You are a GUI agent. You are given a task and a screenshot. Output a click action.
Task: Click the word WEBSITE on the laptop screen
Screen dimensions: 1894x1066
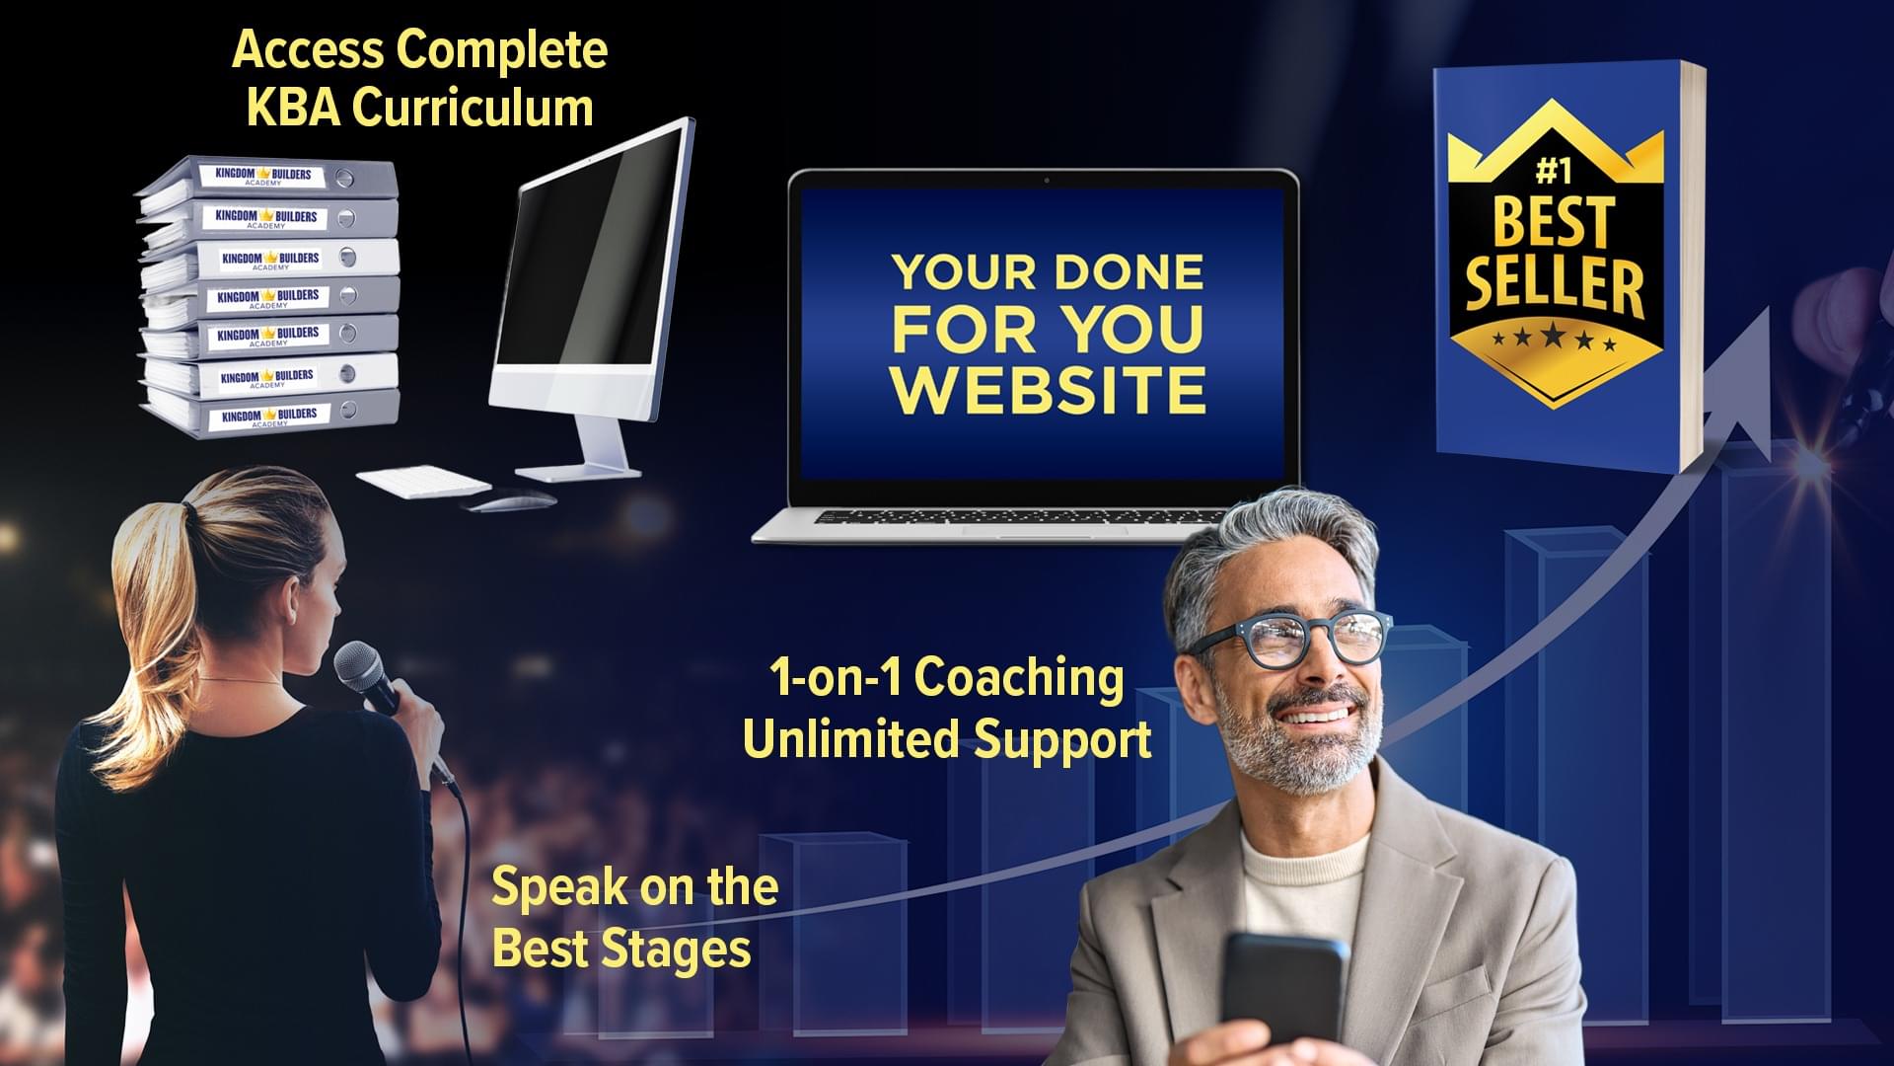1049,390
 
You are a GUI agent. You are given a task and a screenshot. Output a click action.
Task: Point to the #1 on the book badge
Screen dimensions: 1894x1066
1554,172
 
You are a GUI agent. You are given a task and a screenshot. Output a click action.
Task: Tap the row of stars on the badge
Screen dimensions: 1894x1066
1555,339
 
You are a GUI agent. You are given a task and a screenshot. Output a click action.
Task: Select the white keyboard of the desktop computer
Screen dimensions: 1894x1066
423,481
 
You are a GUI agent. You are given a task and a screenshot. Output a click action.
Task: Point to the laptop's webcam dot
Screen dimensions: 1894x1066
1047,181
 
